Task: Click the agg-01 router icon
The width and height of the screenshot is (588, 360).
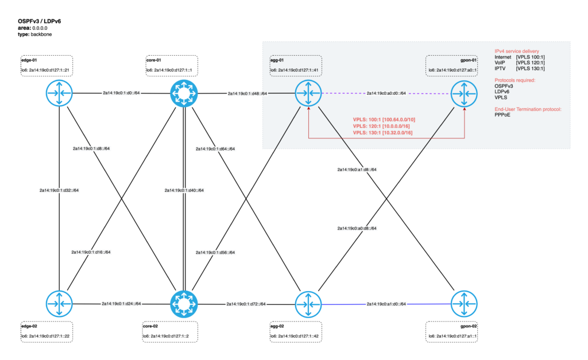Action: (309, 92)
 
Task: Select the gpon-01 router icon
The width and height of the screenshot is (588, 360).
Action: (464, 92)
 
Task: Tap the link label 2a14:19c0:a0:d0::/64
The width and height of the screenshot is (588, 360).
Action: (386, 93)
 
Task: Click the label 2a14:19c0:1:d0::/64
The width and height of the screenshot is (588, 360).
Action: (122, 92)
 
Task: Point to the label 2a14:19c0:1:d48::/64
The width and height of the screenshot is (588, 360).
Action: (247, 93)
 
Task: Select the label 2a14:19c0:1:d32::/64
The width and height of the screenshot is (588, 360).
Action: (59, 190)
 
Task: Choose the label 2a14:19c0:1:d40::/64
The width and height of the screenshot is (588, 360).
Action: (184, 190)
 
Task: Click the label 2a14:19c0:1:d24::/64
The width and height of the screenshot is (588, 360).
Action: (121, 304)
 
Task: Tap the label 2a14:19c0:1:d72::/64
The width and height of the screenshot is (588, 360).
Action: (246, 304)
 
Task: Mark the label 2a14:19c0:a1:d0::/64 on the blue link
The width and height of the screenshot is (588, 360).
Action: (386, 304)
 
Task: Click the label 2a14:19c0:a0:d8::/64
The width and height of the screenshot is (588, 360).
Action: (357, 229)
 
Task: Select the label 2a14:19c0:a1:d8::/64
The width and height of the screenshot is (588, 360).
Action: (357, 170)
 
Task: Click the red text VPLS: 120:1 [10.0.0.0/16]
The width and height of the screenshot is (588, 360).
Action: (382, 126)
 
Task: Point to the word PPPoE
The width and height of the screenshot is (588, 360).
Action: (502, 115)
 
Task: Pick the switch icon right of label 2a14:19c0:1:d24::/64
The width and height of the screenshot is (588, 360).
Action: (184, 304)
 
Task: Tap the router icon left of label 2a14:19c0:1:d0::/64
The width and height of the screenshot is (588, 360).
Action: (60, 92)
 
